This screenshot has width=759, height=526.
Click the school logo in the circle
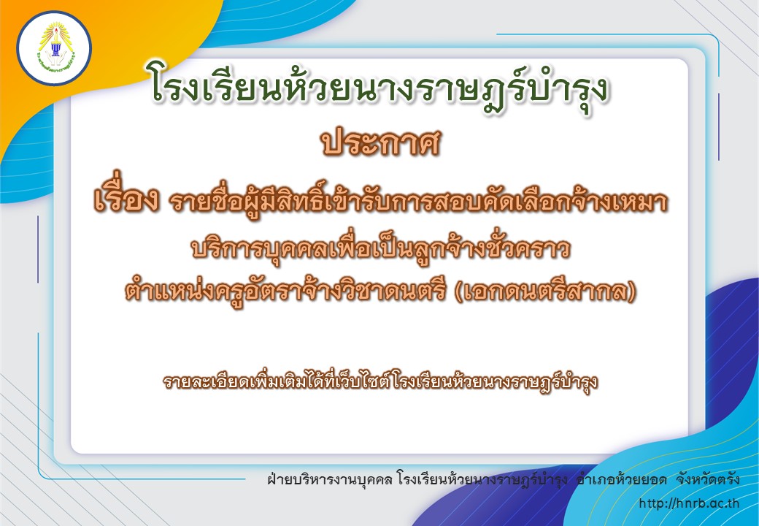[x=54, y=48]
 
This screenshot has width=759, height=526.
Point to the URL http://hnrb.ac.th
[x=689, y=503]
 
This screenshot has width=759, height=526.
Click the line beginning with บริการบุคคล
[x=380, y=248]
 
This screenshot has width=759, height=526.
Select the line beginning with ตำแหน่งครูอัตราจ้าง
[x=380, y=291]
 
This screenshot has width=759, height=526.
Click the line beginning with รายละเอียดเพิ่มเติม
[x=380, y=381]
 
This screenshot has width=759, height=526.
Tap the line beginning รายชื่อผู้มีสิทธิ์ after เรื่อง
[x=418, y=201]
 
